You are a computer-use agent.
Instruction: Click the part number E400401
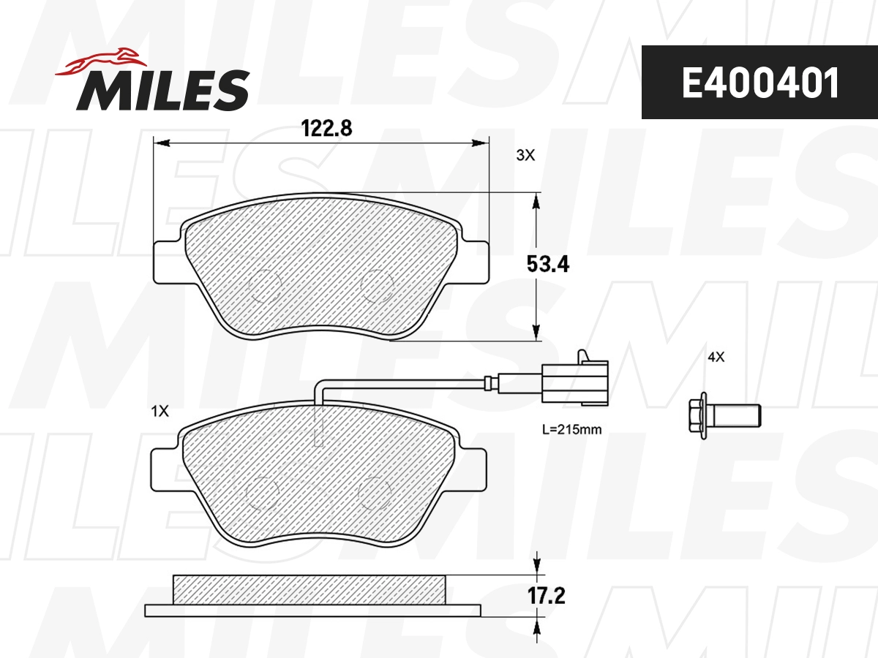759,83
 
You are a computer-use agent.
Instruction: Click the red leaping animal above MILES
102,61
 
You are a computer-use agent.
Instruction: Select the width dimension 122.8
327,129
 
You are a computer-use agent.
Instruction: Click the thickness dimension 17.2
547,597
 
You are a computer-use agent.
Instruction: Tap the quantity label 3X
526,155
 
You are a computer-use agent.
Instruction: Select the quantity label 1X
160,412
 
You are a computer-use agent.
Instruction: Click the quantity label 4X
715,357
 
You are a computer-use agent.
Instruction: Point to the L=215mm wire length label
571,430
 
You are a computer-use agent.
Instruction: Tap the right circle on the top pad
378,286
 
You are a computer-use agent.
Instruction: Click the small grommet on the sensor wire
491,382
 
